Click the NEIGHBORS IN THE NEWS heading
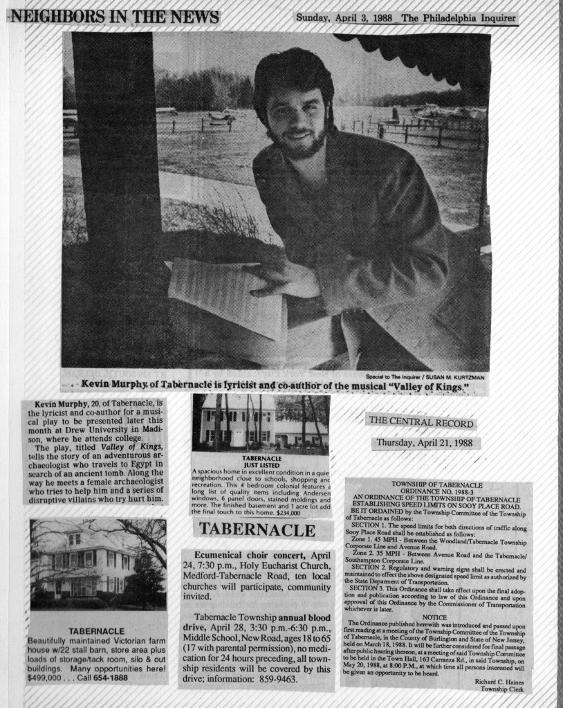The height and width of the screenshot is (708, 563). point(113,17)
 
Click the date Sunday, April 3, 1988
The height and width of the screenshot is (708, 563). point(344,18)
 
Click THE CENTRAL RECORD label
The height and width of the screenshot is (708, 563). point(421,423)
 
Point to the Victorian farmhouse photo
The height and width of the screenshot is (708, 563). point(98,563)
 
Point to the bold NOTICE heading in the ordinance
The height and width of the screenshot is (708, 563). point(434,616)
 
